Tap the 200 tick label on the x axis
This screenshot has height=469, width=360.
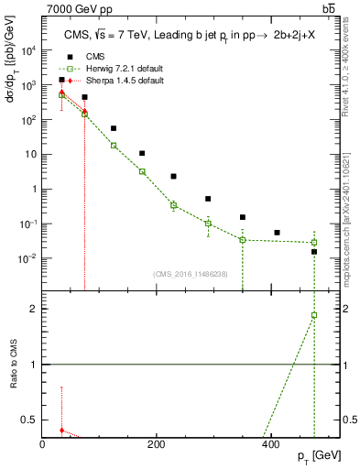coord(157,444)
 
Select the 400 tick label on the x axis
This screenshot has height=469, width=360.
coord(270,444)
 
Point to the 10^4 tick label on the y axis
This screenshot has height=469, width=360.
coord(28,50)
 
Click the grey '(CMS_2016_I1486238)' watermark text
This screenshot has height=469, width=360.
coord(191,273)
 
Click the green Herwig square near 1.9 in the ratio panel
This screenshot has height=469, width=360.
coord(313,315)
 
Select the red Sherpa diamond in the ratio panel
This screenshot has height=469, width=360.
coord(61,430)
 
